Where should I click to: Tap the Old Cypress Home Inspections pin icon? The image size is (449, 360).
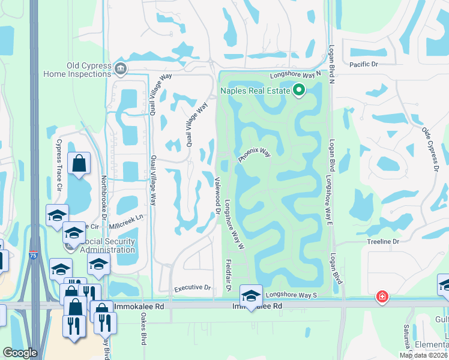point(121,68)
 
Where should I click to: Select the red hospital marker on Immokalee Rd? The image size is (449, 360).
point(381,296)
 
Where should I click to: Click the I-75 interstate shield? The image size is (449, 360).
point(34,254)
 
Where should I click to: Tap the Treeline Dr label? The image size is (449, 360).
point(383,241)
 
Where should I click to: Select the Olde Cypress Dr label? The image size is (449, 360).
point(429,149)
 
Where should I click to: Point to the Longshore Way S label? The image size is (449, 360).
point(291,295)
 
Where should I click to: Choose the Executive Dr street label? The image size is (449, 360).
point(193,288)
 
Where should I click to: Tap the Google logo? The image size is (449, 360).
point(20,353)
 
